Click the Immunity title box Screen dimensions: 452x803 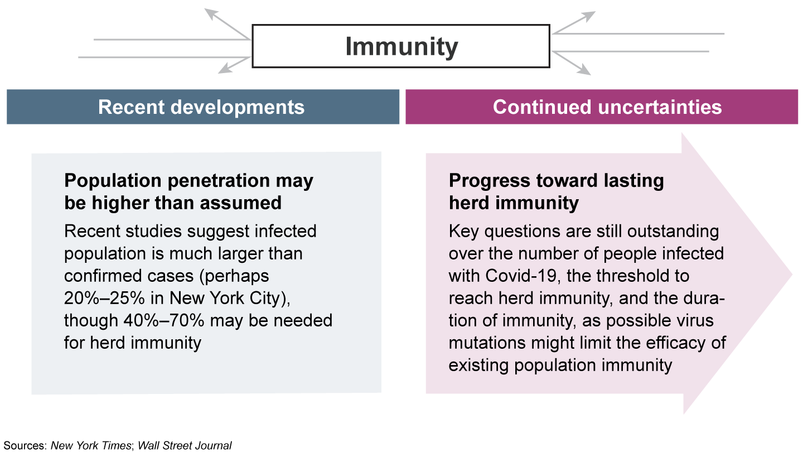click(x=401, y=46)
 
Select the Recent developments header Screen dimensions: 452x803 click(x=202, y=107)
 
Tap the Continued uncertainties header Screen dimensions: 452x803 click(x=607, y=107)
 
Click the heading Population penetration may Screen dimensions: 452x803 click(x=188, y=181)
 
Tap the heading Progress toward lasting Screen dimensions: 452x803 click(x=556, y=181)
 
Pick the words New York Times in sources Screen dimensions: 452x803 click(x=91, y=445)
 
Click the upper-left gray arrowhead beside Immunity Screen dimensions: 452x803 click(x=210, y=13)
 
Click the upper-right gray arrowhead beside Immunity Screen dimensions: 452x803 click(x=590, y=15)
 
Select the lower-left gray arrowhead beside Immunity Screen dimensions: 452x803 click(x=225, y=69)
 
